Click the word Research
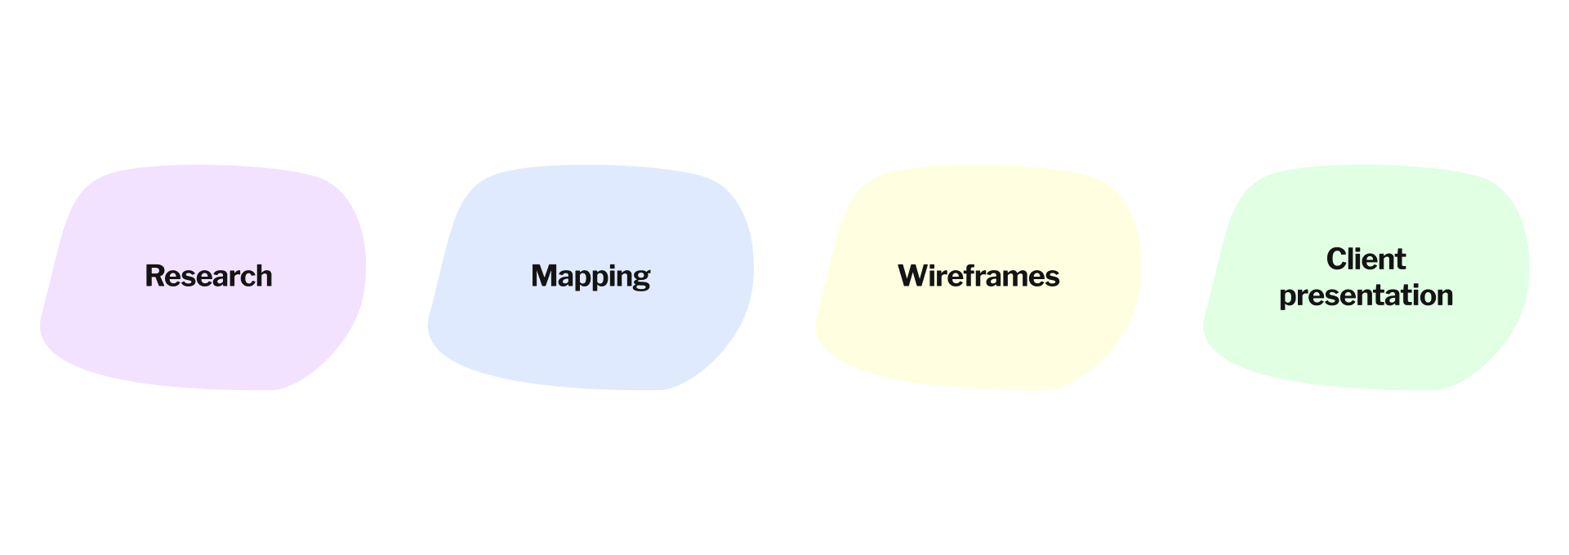pyautogui.click(x=208, y=276)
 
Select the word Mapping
pyautogui.click(x=590, y=276)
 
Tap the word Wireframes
pyautogui.click(x=978, y=276)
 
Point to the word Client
pyautogui.click(x=1366, y=259)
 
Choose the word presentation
pyautogui.click(x=1366, y=295)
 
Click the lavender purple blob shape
pyautogui.click(x=204, y=343)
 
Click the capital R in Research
pyautogui.click(x=154, y=276)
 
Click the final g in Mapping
pyautogui.click(x=641, y=279)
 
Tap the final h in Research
pyautogui.click(x=263, y=276)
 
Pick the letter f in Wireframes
pyautogui.click(x=966, y=275)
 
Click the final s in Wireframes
pyautogui.click(x=1053, y=278)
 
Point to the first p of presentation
pyautogui.click(x=1288, y=298)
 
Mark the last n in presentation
pyautogui.click(x=1444, y=296)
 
